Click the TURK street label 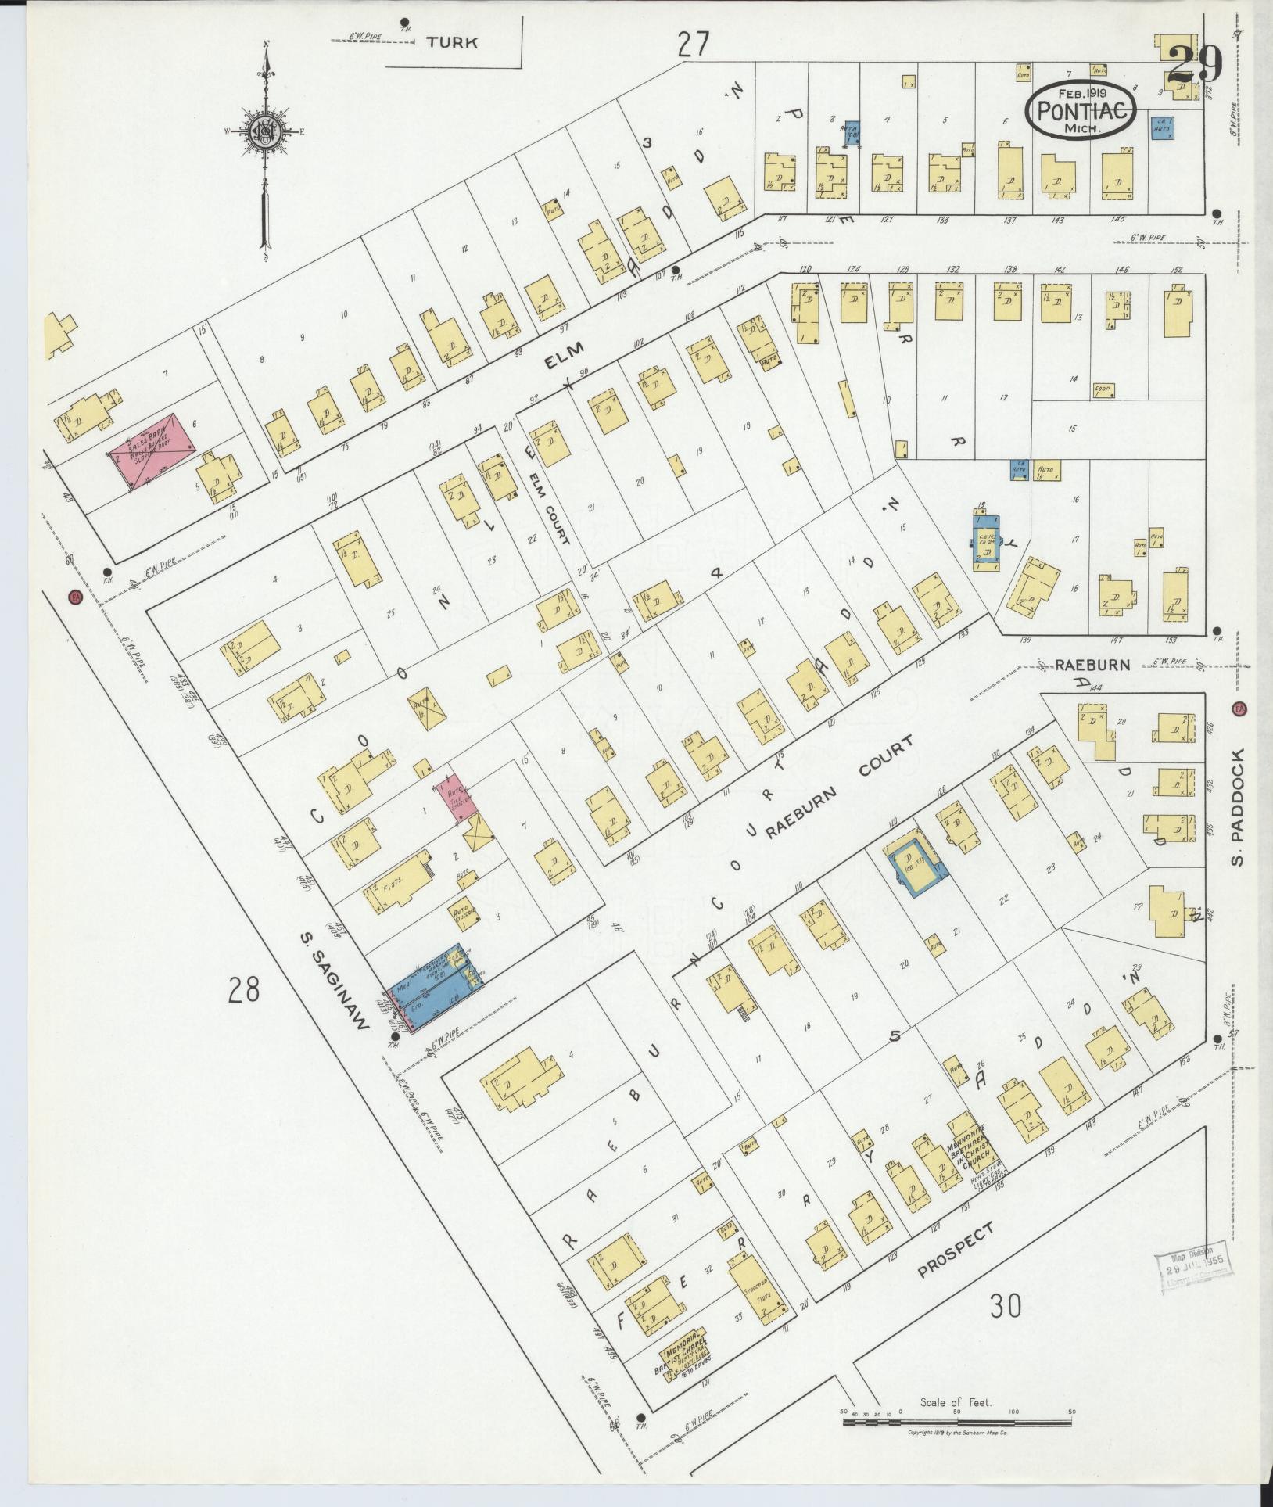pos(453,43)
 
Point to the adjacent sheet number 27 pos(693,45)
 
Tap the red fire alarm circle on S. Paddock pos(1238,709)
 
